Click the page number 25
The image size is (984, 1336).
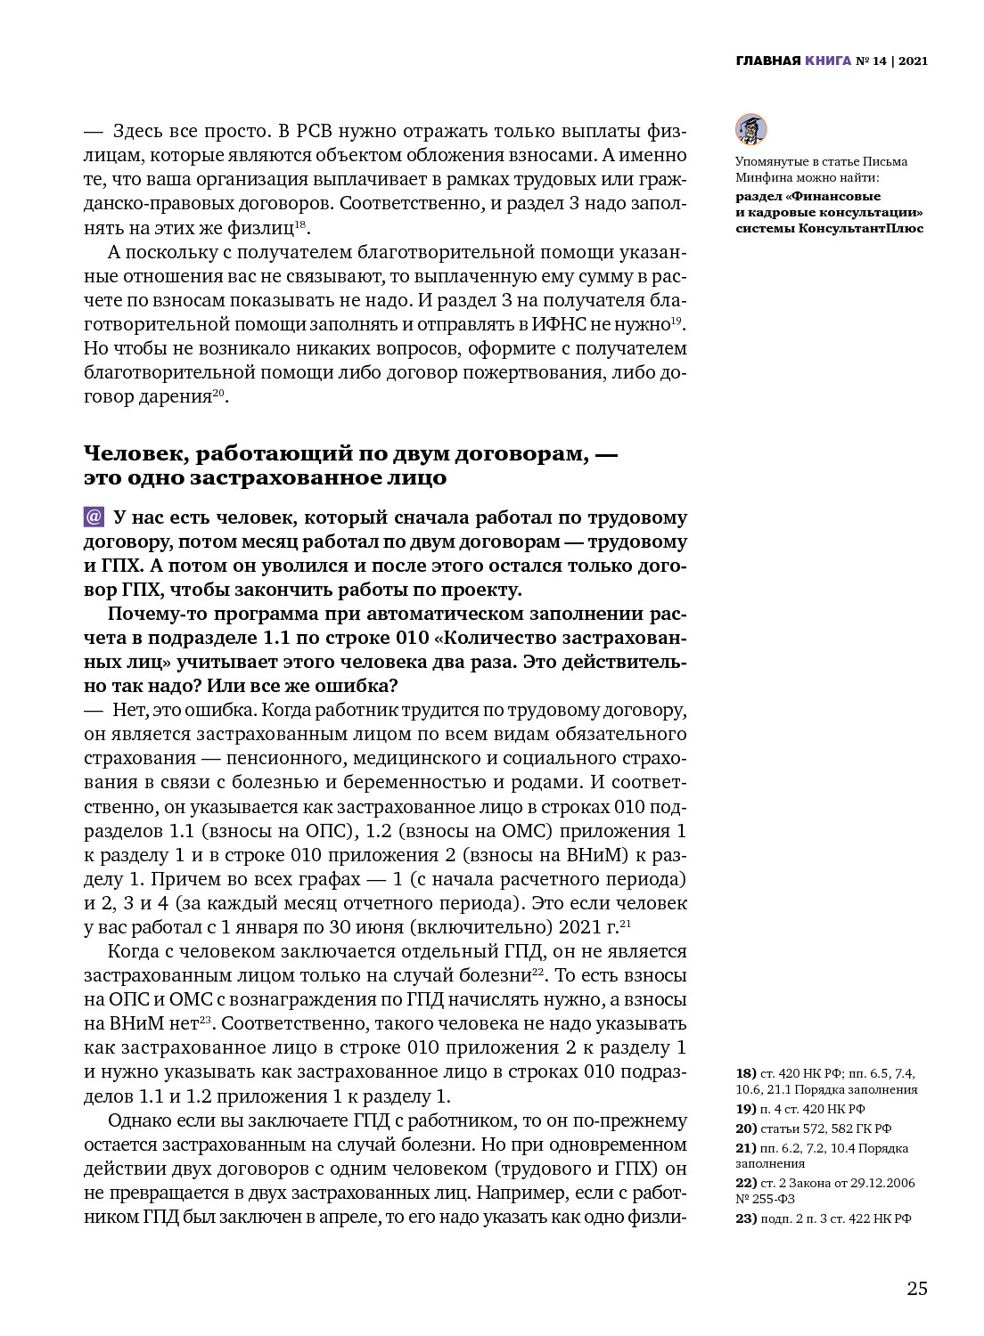point(917,1289)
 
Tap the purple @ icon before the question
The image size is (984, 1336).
point(94,517)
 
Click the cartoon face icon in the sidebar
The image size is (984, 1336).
point(750,130)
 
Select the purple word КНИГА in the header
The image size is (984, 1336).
point(827,61)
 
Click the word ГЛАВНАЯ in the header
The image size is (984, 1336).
point(768,61)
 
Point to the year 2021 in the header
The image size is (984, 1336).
point(913,61)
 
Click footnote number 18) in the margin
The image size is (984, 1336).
point(745,1073)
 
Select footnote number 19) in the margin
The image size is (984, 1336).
point(745,1109)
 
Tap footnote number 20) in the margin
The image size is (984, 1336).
point(746,1128)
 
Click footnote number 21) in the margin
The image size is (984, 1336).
point(746,1148)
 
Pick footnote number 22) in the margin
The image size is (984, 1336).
point(746,1183)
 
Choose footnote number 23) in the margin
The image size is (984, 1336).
point(746,1218)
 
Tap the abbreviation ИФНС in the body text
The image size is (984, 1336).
point(559,324)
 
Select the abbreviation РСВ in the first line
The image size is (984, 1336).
point(314,131)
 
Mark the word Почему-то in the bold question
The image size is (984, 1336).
point(152,614)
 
